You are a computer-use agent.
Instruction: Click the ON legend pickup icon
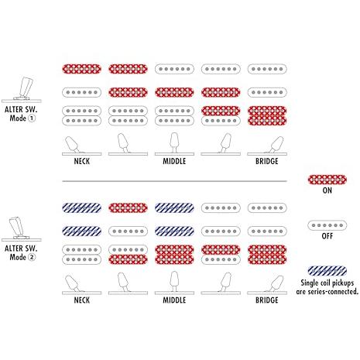(x=327, y=180)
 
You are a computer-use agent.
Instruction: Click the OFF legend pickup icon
(x=327, y=225)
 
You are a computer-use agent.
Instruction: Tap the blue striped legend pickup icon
(x=327, y=271)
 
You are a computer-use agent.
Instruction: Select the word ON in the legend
(x=327, y=190)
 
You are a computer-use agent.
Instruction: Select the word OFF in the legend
(x=327, y=236)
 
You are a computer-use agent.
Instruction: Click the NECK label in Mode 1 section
(x=82, y=161)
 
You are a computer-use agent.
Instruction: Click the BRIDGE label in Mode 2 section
(x=267, y=300)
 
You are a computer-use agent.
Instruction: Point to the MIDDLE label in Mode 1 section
(x=174, y=161)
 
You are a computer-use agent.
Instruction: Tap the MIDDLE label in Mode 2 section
(x=174, y=300)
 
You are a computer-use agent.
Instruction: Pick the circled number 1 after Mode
(x=32, y=118)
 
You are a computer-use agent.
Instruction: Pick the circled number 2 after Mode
(x=32, y=257)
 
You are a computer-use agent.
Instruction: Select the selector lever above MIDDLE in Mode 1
(x=174, y=142)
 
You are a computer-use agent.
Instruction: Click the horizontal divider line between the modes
(x=174, y=181)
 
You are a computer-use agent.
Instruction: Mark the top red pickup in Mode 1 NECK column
(x=81, y=69)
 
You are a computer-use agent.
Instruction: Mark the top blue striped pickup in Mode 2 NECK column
(x=81, y=207)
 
